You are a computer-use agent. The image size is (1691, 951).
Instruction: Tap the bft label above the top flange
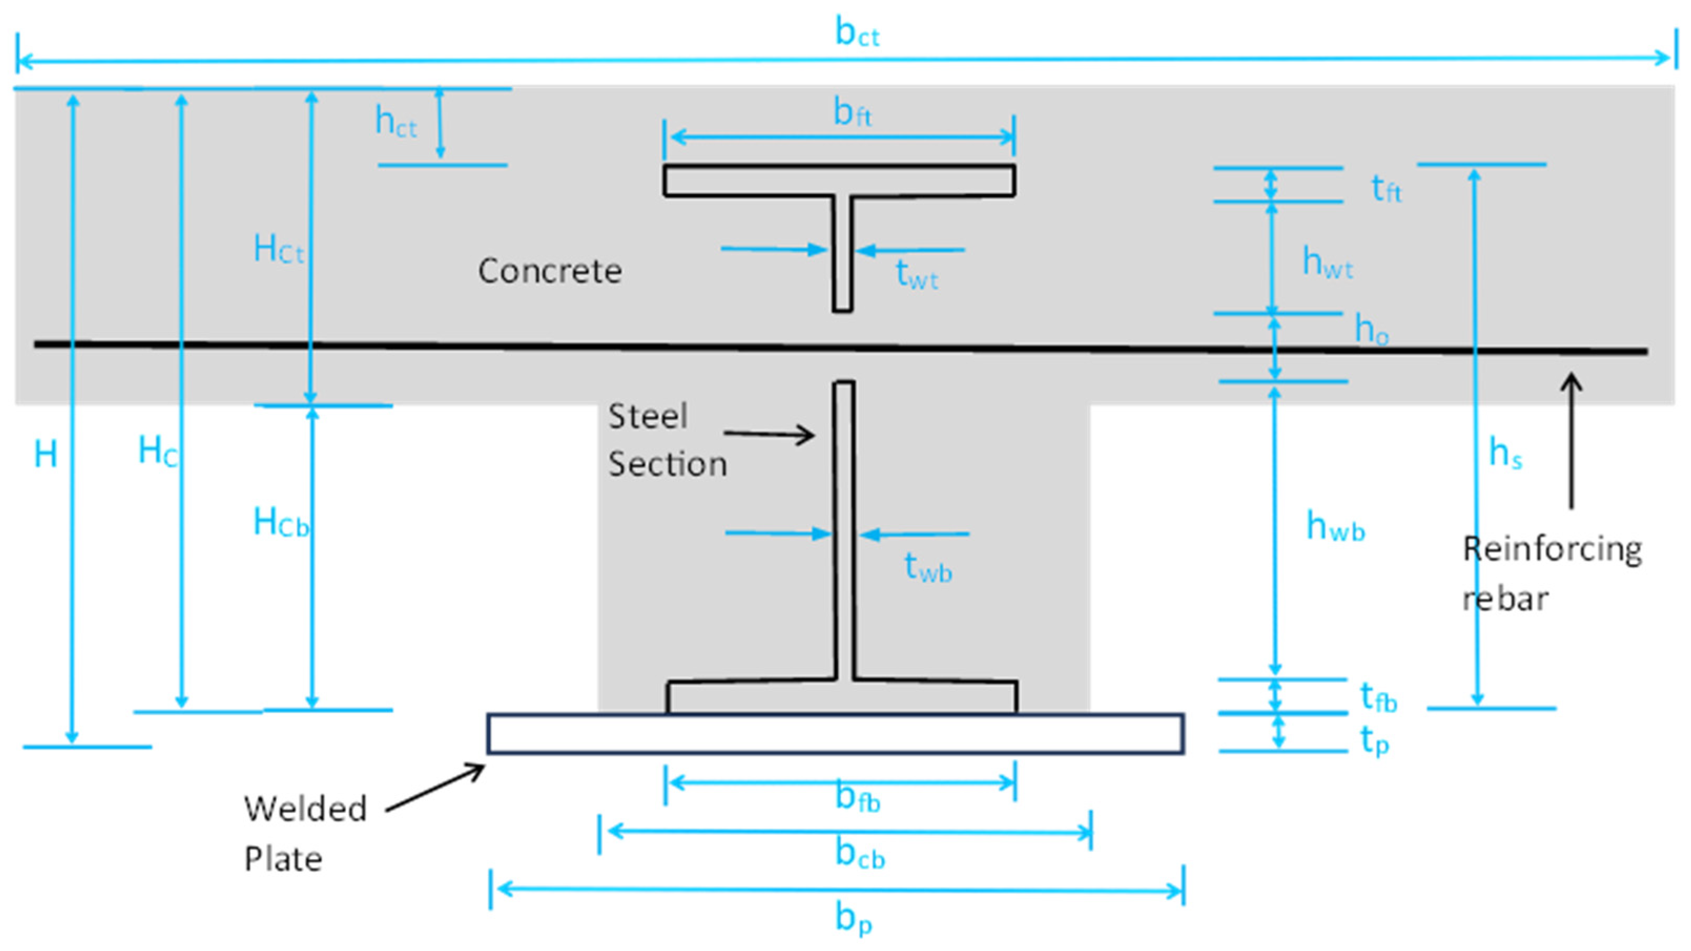[x=852, y=113]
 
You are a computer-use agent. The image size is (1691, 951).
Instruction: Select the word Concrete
[x=549, y=271]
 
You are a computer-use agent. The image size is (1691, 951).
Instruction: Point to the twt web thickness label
[x=916, y=274]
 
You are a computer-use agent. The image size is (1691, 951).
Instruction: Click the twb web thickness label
[x=928, y=568]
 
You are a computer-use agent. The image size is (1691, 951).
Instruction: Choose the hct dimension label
[x=395, y=123]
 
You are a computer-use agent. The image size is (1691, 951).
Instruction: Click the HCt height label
[x=278, y=250]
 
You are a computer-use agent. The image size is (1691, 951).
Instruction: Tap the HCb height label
[x=281, y=523]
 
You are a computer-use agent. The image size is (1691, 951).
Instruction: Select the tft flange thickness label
[x=1386, y=190]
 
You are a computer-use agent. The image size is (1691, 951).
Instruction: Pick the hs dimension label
[x=1505, y=454]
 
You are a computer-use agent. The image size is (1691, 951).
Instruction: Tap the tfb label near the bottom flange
[x=1378, y=698]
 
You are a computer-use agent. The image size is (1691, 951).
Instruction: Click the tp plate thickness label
[x=1374, y=741]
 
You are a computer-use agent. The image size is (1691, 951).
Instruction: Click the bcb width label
[x=859, y=855]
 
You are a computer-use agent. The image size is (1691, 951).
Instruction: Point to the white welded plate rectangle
[x=835, y=734]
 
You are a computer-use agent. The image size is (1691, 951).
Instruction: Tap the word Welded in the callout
[x=305, y=809]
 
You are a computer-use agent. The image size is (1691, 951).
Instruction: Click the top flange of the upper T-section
[x=839, y=181]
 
